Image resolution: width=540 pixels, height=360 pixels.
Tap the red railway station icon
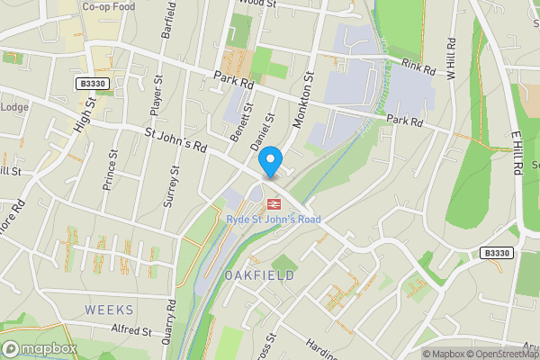tap(271, 202)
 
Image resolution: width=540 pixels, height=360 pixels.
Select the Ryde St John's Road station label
tap(272, 219)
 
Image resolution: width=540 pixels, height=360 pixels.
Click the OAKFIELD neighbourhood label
tap(259, 275)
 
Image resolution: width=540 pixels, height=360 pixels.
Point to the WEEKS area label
tap(109, 310)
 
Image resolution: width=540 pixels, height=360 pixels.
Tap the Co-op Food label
tap(108, 6)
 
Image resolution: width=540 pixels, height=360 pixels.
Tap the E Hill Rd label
tap(517, 154)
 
